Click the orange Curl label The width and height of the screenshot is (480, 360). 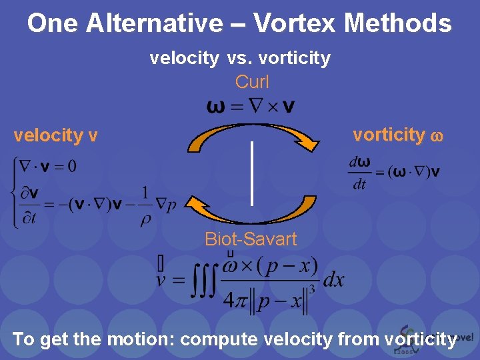pyautogui.click(x=252, y=82)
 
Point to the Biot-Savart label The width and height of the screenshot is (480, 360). pyautogui.click(x=251, y=239)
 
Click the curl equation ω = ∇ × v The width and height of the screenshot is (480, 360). pyautogui.click(x=252, y=106)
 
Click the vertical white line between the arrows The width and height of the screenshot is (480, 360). pyautogui.click(x=252, y=173)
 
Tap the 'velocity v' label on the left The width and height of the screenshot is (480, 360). pyautogui.click(x=56, y=136)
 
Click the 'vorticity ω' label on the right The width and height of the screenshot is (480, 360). pyautogui.click(x=397, y=135)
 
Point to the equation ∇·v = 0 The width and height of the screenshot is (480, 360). pyautogui.click(x=48, y=165)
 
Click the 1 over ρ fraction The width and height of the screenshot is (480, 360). pyautogui.click(x=145, y=206)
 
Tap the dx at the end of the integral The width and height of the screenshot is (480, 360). pyautogui.click(x=333, y=279)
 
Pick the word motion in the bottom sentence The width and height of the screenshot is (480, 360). pyautogui.click(x=139, y=339)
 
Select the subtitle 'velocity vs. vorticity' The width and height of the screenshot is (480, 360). pyautogui.click(x=240, y=59)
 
